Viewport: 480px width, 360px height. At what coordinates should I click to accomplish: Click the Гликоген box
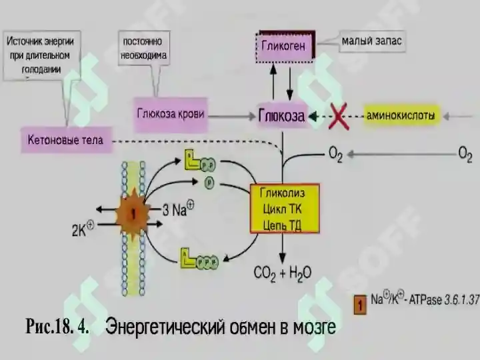[285, 47]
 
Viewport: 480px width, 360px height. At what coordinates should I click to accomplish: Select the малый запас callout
[371, 41]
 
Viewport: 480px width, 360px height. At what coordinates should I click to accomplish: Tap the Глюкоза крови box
[171, 114]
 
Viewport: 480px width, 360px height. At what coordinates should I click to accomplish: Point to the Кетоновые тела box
[66, 140]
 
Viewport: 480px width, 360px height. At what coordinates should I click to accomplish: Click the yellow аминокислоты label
[401, 116]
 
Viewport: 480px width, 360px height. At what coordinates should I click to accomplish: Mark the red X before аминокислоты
[338, 116]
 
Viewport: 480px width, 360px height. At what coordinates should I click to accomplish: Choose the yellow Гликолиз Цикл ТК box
[285, 209]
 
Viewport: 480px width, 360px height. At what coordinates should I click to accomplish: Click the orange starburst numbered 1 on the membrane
[133, 214]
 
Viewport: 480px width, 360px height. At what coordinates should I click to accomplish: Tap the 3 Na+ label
[178, 209]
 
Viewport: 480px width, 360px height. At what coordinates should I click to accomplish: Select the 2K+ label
[83, 229]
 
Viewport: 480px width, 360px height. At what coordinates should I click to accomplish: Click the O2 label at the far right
[465, 155]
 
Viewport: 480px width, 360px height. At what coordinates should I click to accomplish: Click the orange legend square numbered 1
[360, 305]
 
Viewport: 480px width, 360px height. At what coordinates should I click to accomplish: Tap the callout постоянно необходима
[144, 49]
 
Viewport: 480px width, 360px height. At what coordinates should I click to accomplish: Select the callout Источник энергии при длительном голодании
[41, 55]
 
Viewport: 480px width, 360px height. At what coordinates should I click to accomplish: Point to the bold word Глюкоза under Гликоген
[281, 116]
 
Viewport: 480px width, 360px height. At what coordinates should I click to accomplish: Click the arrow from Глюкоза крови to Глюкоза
[232, 116]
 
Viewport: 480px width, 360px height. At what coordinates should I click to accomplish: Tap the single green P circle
[209, 183]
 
